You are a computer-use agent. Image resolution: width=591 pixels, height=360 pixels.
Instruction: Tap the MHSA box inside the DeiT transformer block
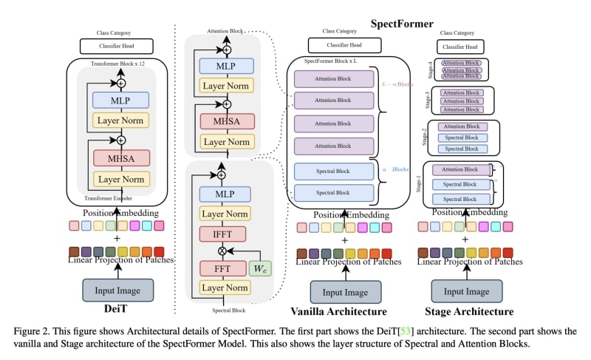(x=121, y=157)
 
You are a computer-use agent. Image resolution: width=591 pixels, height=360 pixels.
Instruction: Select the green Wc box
(x=261, y=268)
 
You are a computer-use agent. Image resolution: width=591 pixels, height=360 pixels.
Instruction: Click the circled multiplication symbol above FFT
(x=221, y=251)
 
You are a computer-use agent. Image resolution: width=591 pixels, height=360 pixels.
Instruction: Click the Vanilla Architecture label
(x=339, y=312)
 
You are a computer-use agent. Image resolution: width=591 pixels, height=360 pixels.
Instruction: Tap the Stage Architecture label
(x=471, y=312)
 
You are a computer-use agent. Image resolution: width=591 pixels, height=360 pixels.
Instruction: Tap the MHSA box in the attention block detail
(x=223, y=120)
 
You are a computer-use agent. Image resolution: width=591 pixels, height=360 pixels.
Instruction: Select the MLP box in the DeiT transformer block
(x=121, y=100)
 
